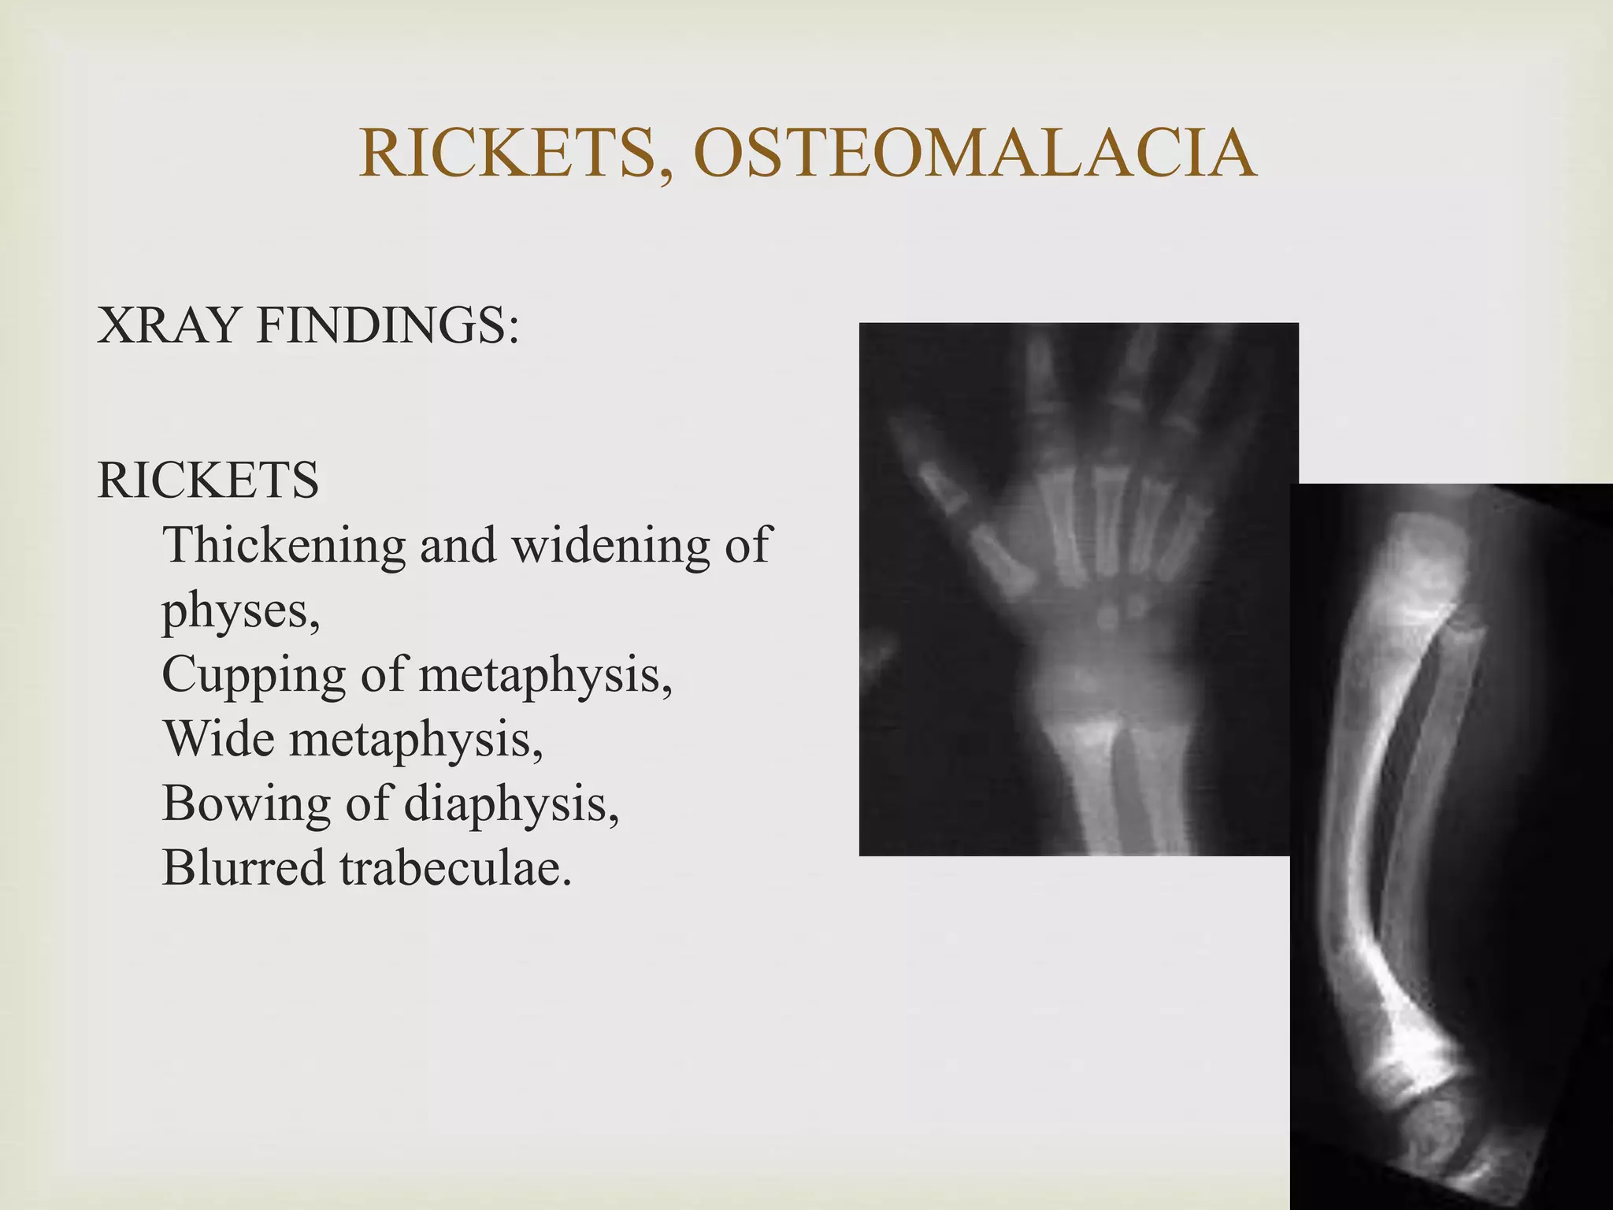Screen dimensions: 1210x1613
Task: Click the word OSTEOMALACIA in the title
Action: [x=975, y=153]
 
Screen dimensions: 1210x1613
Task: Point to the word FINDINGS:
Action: [x=387, y=325]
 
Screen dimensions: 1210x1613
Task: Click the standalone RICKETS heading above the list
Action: [x=208, y=480]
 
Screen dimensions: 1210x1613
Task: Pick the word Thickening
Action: [x=284, y=546]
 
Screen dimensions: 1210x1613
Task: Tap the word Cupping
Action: [x=254, y=675]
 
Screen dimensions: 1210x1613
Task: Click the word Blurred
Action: [x=243, y=869]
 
